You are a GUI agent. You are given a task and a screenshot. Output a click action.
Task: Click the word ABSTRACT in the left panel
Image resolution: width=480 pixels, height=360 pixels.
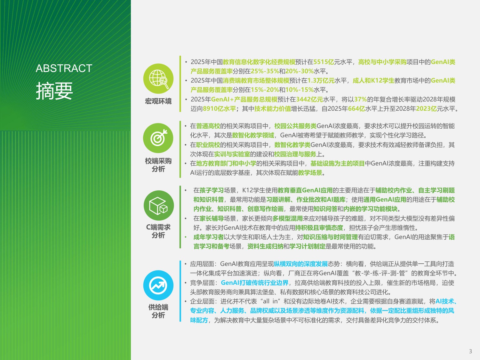click(x=64, y=68)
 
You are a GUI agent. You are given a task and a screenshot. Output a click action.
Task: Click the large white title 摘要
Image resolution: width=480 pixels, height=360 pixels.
click(x=54, y=91)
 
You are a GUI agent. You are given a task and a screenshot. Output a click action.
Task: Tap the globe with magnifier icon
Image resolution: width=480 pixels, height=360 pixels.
click(x=158, y=79)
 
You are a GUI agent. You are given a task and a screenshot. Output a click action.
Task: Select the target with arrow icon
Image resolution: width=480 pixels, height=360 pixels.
click(x=158, y=138)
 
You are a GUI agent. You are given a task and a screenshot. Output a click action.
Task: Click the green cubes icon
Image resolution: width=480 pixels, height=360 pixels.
click(x=158, y=205)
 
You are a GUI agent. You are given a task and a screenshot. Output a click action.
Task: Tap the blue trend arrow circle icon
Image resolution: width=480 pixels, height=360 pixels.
click(x=158, y=285)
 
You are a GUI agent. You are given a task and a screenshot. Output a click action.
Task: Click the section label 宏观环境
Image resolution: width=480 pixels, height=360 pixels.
click(x=158, y=101)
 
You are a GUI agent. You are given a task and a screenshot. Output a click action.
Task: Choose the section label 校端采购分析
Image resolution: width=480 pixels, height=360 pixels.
click(x=158, y=165)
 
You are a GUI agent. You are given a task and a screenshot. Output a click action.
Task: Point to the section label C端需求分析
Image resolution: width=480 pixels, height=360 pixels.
click(x=158, y=231)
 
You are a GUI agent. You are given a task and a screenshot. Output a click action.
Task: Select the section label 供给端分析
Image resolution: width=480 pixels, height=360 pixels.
click(x=158, y=311)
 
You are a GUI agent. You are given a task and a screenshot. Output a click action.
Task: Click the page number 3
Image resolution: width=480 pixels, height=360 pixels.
click(x=470, y=351)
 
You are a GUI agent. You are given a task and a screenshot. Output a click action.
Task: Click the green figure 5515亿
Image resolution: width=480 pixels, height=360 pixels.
click(x=324, y=62)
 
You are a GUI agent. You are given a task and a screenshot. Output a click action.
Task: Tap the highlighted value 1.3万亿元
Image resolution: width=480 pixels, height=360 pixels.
click(x=321, y=81)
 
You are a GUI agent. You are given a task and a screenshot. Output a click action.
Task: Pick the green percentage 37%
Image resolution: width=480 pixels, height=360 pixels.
click(x=360, y=100)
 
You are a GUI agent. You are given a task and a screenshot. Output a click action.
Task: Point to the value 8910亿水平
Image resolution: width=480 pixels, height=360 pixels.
click(x=219, y=109)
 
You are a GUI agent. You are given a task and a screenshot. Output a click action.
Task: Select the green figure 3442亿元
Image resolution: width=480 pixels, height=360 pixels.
click(x=309, y=100)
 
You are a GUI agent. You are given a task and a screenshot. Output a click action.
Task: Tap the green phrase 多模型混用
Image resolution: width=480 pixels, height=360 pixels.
click(x=287, y=219)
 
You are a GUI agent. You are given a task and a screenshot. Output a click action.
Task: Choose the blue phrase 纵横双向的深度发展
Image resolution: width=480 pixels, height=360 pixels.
click(x=301, y=264)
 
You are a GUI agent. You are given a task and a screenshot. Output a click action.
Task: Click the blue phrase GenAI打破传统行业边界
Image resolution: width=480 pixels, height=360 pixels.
click(x=255, y=283)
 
